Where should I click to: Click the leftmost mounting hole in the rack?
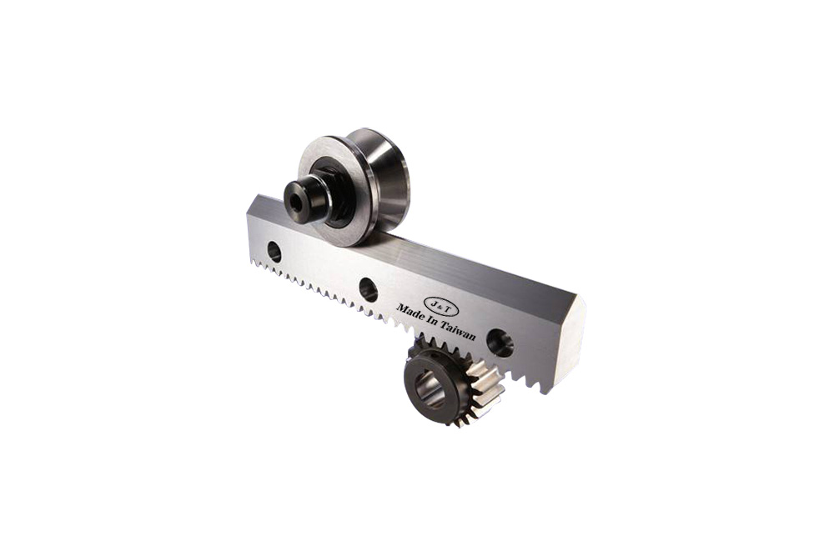tap(274, 252)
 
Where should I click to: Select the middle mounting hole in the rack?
tap(368, 290)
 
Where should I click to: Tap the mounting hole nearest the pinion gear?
tap(500, 343)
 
